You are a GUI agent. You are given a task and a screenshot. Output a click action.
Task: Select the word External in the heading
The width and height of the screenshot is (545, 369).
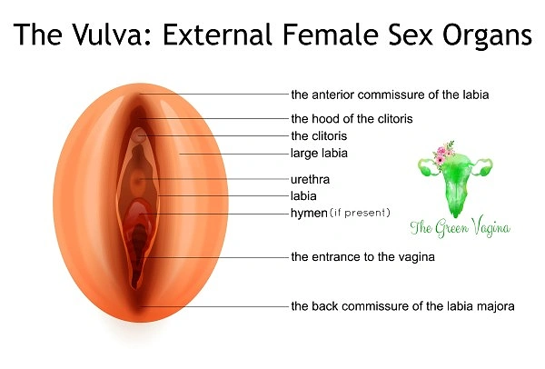[x=217, y=35]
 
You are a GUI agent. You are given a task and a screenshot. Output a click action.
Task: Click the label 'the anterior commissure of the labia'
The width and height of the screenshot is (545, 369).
[x=390, y=95]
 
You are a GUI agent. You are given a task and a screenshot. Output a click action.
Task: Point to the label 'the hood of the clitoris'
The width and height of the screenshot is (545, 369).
[x=352, y=118]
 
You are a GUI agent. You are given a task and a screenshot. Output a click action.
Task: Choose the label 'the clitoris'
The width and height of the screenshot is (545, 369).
[x=319, y=135]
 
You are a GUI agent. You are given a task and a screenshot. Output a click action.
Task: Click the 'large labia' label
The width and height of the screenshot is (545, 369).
[x=319, y=154]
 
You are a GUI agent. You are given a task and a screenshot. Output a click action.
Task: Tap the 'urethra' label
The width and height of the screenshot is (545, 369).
[x=310, y=179]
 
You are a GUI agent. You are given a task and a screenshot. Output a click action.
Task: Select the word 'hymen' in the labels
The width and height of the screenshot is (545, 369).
[x=309, y=213]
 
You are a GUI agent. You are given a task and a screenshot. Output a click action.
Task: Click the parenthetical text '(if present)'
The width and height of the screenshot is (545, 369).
[x=360, y=213]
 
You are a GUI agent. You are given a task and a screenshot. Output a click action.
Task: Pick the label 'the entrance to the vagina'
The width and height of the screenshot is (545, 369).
[x=362, y=257]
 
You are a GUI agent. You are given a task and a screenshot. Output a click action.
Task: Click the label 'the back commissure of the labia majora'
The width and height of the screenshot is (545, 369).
[x=402, y=306]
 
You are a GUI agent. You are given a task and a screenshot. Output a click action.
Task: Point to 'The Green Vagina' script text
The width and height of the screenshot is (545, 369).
[x=460, y=227]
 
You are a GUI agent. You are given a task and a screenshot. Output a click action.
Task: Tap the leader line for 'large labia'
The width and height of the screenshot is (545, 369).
[x=234, y=154]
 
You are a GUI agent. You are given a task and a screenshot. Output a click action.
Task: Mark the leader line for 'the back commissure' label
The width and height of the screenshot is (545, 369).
[x=214, y=307]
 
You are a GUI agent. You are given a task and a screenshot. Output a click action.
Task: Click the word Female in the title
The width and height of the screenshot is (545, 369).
[x=331, y=35]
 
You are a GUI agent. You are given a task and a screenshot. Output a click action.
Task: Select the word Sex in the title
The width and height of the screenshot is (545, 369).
[x=411, y=35]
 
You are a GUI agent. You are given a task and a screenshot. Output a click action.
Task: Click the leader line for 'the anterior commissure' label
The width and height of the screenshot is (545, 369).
[x=214, y=94]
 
